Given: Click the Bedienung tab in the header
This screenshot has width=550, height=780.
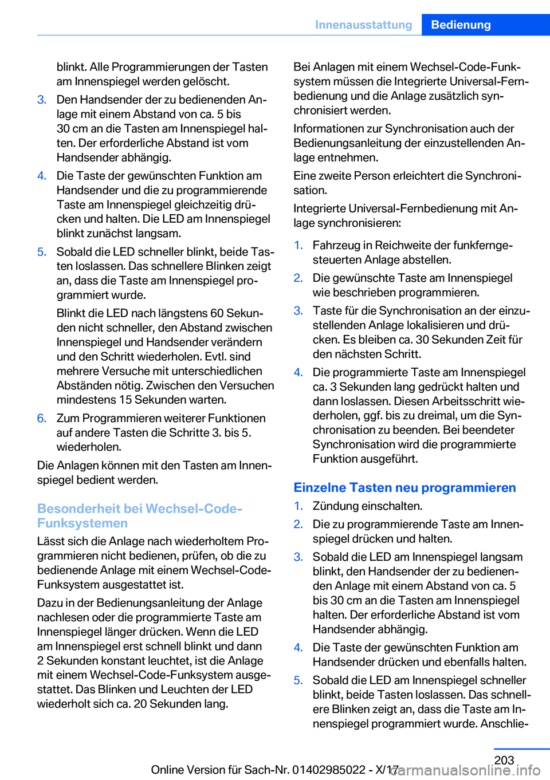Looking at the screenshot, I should (461, 25).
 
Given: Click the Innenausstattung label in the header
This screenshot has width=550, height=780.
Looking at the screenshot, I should (363, 25).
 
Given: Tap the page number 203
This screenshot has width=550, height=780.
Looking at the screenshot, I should (504, 760).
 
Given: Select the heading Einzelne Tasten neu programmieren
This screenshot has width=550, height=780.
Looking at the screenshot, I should (404, 487).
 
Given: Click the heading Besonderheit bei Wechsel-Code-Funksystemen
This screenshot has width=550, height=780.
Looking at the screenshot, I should (140, 515).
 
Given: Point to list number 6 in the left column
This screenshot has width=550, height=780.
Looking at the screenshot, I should (41, 418).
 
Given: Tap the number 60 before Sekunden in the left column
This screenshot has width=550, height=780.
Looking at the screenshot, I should (217, 313).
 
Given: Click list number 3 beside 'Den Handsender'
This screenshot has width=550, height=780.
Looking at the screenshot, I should (41, 100).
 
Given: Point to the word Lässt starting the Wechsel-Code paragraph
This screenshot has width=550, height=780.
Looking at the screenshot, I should (51, 541).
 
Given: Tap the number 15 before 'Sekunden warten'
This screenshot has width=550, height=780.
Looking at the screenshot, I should (126, 400).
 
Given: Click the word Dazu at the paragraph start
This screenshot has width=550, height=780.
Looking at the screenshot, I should (50, 603).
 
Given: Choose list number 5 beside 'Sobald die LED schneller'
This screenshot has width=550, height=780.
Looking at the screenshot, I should (41, 252).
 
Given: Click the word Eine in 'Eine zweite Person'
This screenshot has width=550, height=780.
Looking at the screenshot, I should (305, 176).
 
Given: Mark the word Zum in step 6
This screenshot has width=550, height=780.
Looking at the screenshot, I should (68, 418).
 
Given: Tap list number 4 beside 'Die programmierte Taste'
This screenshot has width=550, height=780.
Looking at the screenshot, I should (298, 372).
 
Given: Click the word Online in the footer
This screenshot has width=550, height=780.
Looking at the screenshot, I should (171, 770).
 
